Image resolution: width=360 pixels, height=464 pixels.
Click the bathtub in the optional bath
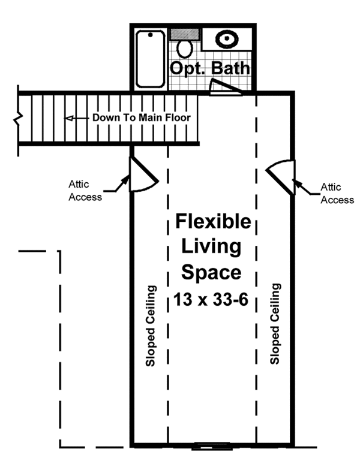[151, 58]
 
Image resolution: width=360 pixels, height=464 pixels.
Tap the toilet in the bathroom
[185, 48]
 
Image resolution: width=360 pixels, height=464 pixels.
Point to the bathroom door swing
[223, 88]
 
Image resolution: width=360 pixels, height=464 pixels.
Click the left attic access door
[142, 174]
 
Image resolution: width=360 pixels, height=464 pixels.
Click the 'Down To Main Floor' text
[141, 118]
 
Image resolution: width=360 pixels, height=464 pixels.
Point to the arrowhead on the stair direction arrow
[70, 118]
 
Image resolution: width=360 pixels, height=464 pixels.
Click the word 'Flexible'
[213, 222]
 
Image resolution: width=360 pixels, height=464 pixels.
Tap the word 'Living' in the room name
[212, 247]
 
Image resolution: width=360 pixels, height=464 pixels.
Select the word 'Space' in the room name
[212, 273]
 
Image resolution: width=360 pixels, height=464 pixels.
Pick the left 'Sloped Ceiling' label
[151, 326]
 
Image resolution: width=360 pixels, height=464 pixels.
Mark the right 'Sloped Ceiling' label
[275, 324]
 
